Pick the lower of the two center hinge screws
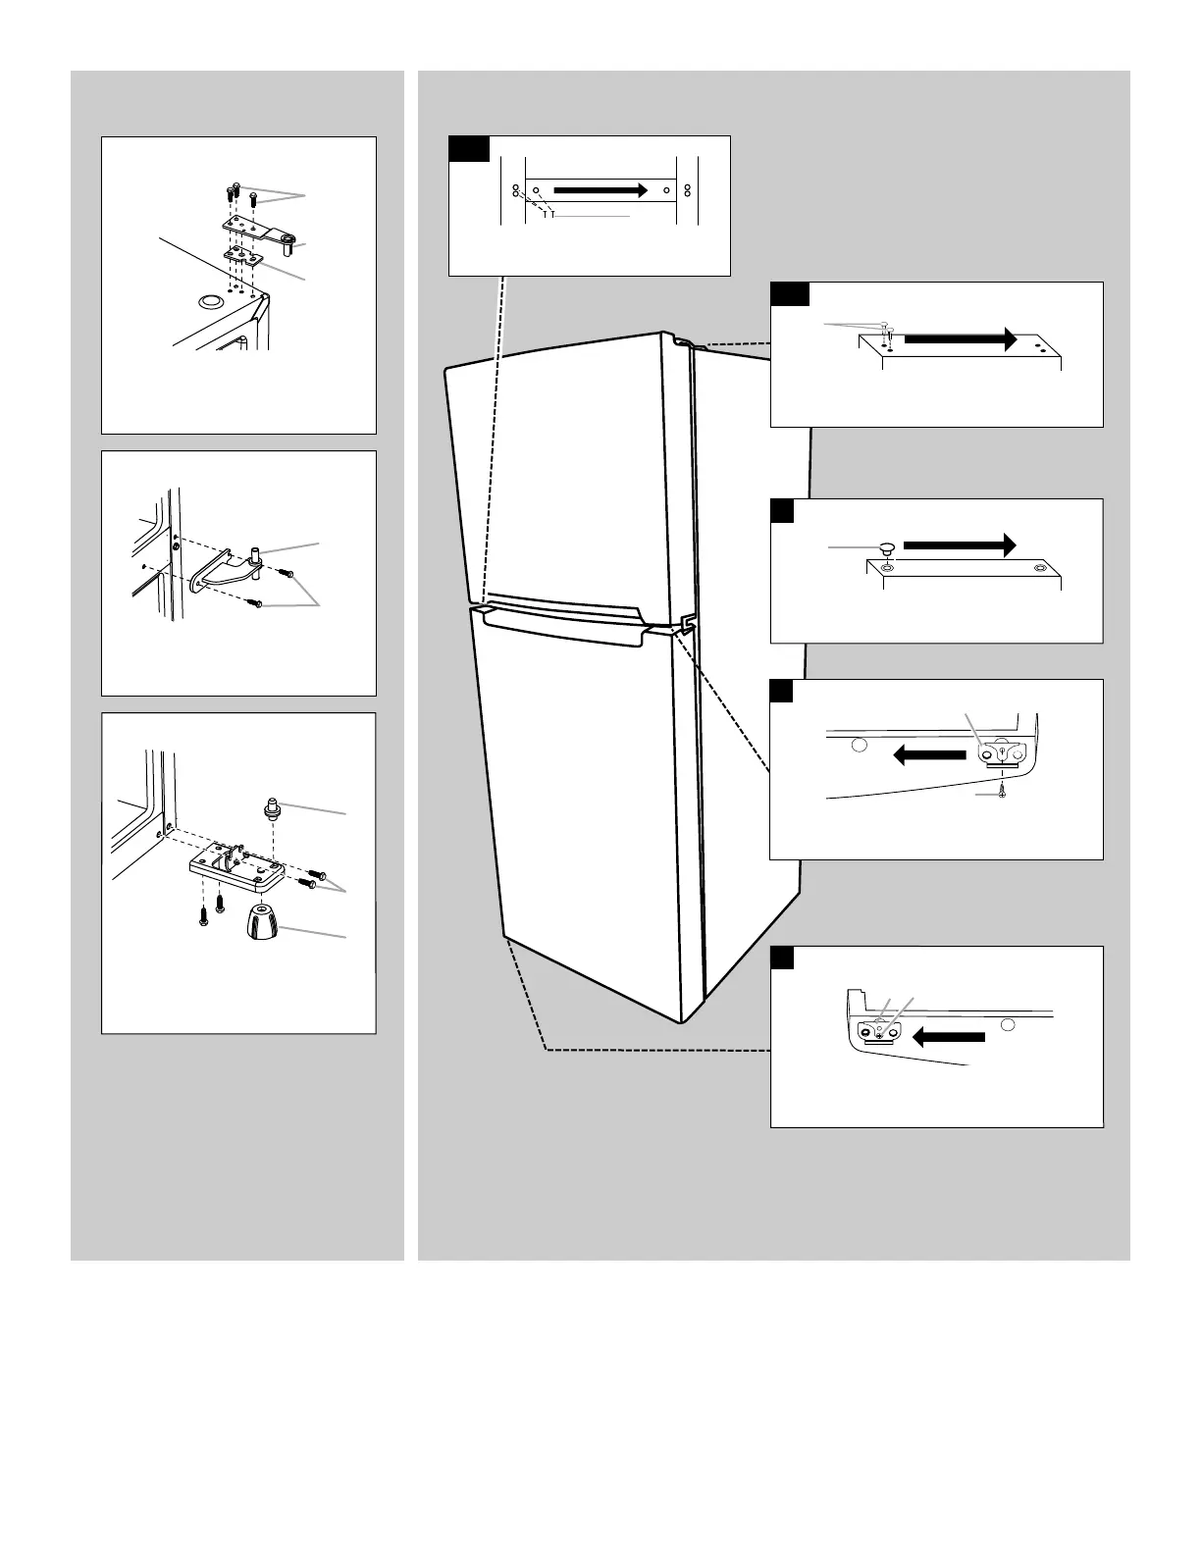[x=257, y=605]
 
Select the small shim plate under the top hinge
[x=243, y=258]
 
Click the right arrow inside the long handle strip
[x=600, y=189]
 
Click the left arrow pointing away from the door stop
[x=930, y=753]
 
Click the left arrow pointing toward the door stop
[x=948, y=1037]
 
